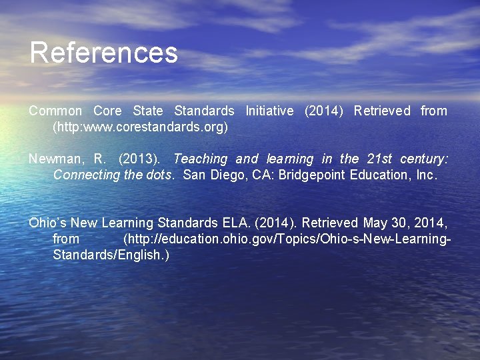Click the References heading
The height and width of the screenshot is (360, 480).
pyautogui.click(x=103, y=53)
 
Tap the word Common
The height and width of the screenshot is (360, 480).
pyautogui.click(x=55, y=111)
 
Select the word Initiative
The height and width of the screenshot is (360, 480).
pyautogui.click(x=269, y=111)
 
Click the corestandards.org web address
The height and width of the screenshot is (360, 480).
pyautogui.click(x=140, y=127)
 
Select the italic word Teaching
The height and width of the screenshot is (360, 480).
pyautogui.click(x=200, y=159)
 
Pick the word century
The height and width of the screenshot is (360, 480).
pyautogui.click(x=425, y=159)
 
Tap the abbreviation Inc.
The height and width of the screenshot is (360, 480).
pyautogui.click(x=425, y=175)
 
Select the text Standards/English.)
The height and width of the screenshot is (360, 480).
pyautogui.click(x=111, y=255)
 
